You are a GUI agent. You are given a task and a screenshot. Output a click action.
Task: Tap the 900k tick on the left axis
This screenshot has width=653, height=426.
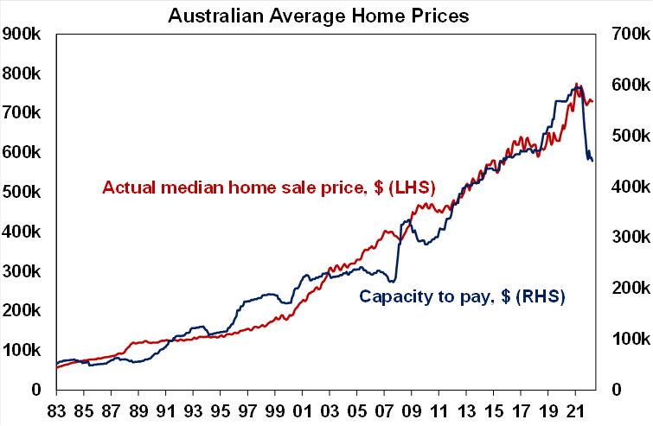pos(23,35)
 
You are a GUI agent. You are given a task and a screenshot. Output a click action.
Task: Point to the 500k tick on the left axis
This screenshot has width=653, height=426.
pos(23,193)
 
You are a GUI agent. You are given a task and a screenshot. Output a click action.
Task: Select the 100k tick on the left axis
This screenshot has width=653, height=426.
pos(23,351)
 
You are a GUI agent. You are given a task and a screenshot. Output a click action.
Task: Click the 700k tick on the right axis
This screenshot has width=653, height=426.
pos(629,35)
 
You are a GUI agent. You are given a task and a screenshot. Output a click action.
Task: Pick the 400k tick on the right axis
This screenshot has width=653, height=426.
pos(629,187)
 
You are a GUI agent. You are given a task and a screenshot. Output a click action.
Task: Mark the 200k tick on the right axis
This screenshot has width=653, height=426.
pos(629,288)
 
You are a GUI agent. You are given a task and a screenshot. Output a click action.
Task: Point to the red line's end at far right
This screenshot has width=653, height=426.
pos(592,103)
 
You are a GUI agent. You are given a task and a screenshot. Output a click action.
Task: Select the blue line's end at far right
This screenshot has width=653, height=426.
pos(592,162)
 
